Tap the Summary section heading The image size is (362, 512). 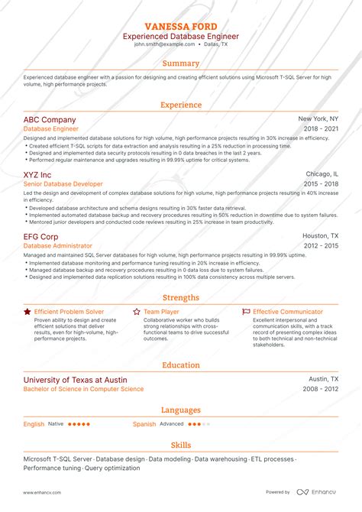(181, 63)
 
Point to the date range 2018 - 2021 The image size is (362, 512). (321, 130)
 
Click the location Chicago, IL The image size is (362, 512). (322, 174)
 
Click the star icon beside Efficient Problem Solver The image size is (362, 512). (27, 312)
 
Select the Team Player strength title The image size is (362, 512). (161, 312)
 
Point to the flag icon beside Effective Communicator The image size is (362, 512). (245, 312)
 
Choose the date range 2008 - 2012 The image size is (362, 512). (321, 389)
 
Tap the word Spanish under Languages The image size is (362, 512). (144, 423)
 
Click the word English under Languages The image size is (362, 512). (34, 423)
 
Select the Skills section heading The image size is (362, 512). (181, 445)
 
